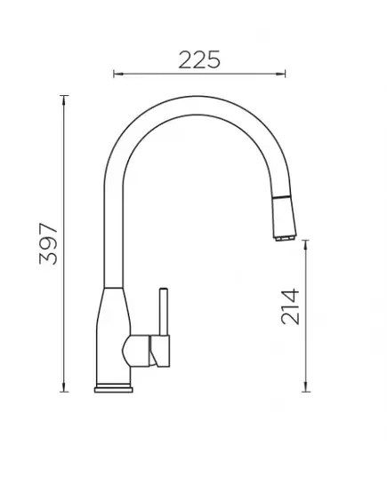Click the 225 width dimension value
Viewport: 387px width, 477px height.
coord(199,60)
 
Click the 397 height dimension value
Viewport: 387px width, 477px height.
coord(48,243)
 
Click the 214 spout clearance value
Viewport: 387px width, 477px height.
coord(290,306)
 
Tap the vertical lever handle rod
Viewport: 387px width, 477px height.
coord(164,312)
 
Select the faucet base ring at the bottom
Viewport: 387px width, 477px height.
coord(114,390)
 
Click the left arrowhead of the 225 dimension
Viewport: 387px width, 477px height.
coord(117,74)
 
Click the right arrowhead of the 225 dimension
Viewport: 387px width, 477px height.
coord(281,74)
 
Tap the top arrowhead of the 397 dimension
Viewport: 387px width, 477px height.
coord(64,99)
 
